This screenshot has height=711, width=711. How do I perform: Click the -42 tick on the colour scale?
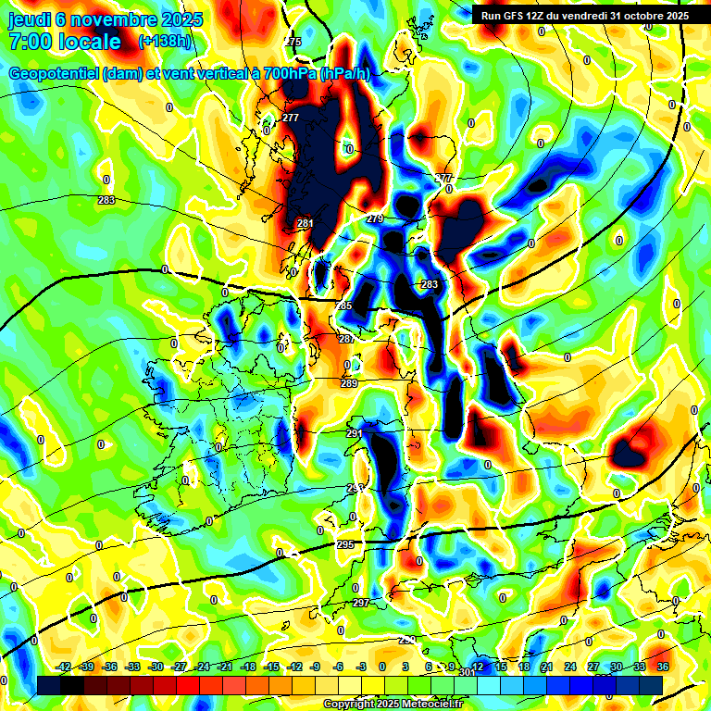pyautogui.click(x=64, y=667)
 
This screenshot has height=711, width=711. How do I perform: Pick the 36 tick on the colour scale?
pyautogui.click(x=663, y=667)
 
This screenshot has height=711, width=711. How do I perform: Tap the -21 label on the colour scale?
pyautogui.click(x=224, y=667)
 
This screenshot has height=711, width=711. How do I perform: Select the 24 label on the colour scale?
pyautogui.click(x=570, y=667)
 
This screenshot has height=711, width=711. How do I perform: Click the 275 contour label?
pyautogui.click(x=293, y=43)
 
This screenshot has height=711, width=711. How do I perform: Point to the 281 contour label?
pyautogui.click(x=306, y=223)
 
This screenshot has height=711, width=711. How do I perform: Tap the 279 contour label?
pyautogui.click(x=375, y=218)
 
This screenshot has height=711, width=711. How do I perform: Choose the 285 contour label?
pyautogui.click(x=343, y=306)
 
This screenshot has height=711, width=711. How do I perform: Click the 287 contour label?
pyautogui.click(x=347, y=340)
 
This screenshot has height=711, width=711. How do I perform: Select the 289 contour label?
pyautogui.click(x=349, y=383)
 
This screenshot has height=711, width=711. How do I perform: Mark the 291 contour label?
pyautogui.click(x=354, y=433)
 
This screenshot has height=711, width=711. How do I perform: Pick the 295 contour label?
pyautogui.click(x=345, y=544)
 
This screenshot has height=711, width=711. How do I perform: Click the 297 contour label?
pyautogui.click(x=361, y=603)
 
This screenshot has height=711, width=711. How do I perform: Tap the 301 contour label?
pyautogui.click(x=467, y=672)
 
